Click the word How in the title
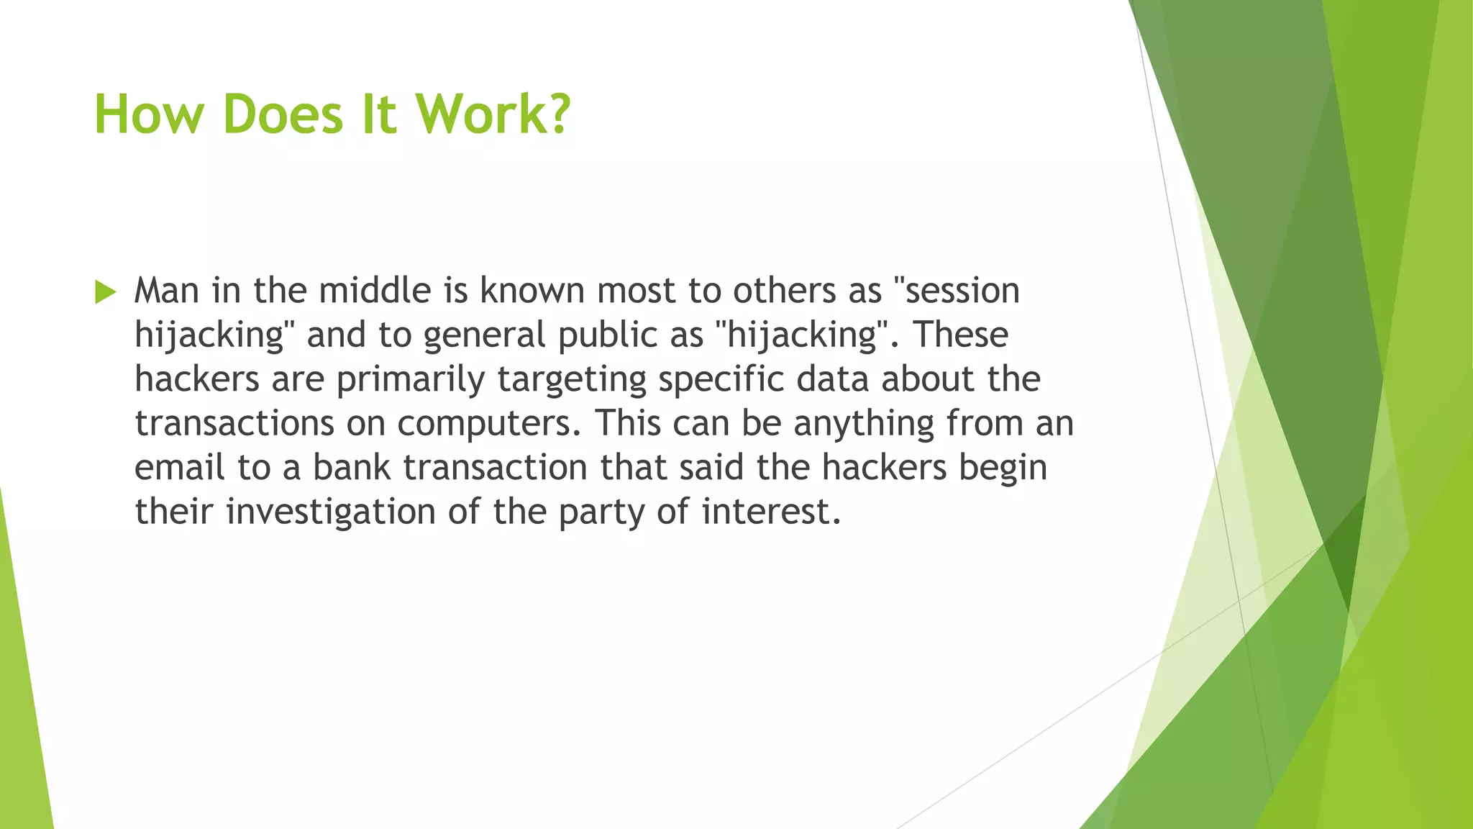tap(149, 114)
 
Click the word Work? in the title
tap(493, 114)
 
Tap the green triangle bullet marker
tap(105, 292)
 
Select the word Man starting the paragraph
tap(167, 291)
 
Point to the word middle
tap(375, 291)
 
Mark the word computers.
tap(488, 425)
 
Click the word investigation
tap(331, 513)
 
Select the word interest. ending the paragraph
tap(771, 512)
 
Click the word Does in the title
tap(283, 114)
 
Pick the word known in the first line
tap(532, 291)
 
